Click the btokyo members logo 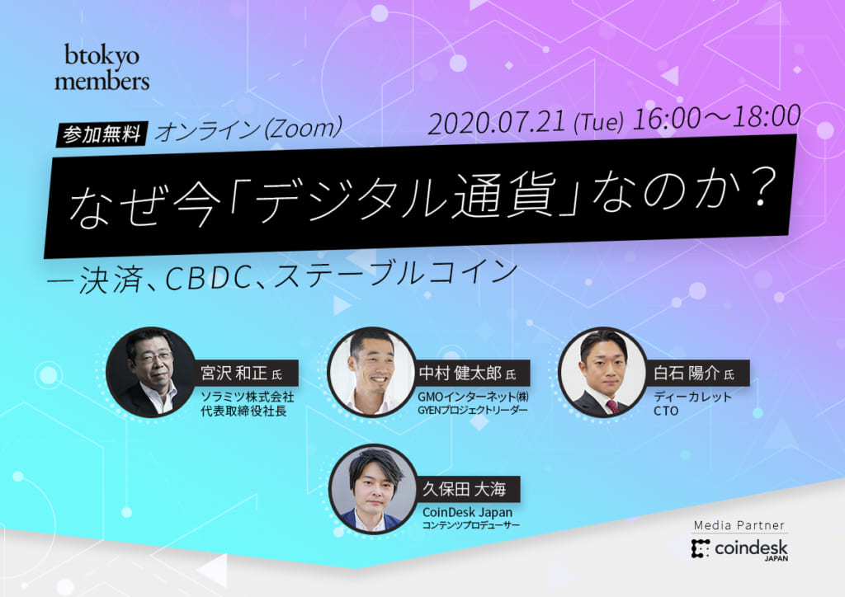click(x=101, y=67)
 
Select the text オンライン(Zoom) click(x=248, y=129)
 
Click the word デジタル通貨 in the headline click(x=407, y=199)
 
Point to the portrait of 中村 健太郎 click(x=372, y=372)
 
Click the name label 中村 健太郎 click(x=468, y=373)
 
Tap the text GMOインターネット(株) click(x=473, y=397)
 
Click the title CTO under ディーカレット click(x=666, y=411)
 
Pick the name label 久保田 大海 click(x=464, y=489)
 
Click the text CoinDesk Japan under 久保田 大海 click(x=467, y=512)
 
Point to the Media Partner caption click(x=739, y=525)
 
